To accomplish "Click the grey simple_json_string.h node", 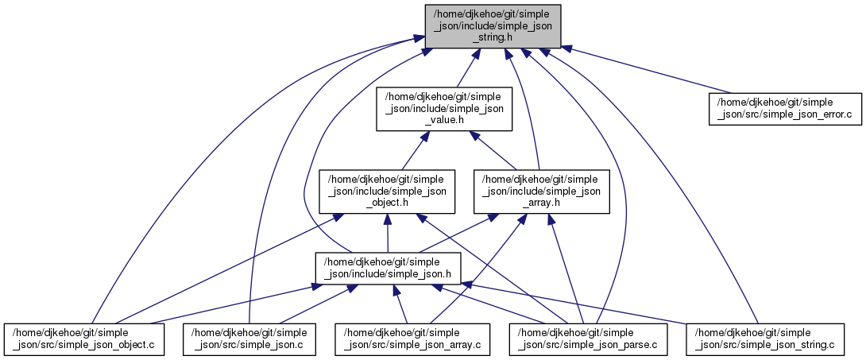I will click(493, 25).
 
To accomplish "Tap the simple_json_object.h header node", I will click(387, 190).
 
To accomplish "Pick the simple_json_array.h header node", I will click(542, 190).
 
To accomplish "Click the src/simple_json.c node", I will click(249, 339).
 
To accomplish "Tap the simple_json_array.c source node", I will click(412, 339).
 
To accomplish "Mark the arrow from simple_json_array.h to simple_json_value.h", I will click(496, 150).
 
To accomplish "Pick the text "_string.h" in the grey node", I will click(493, 37).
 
